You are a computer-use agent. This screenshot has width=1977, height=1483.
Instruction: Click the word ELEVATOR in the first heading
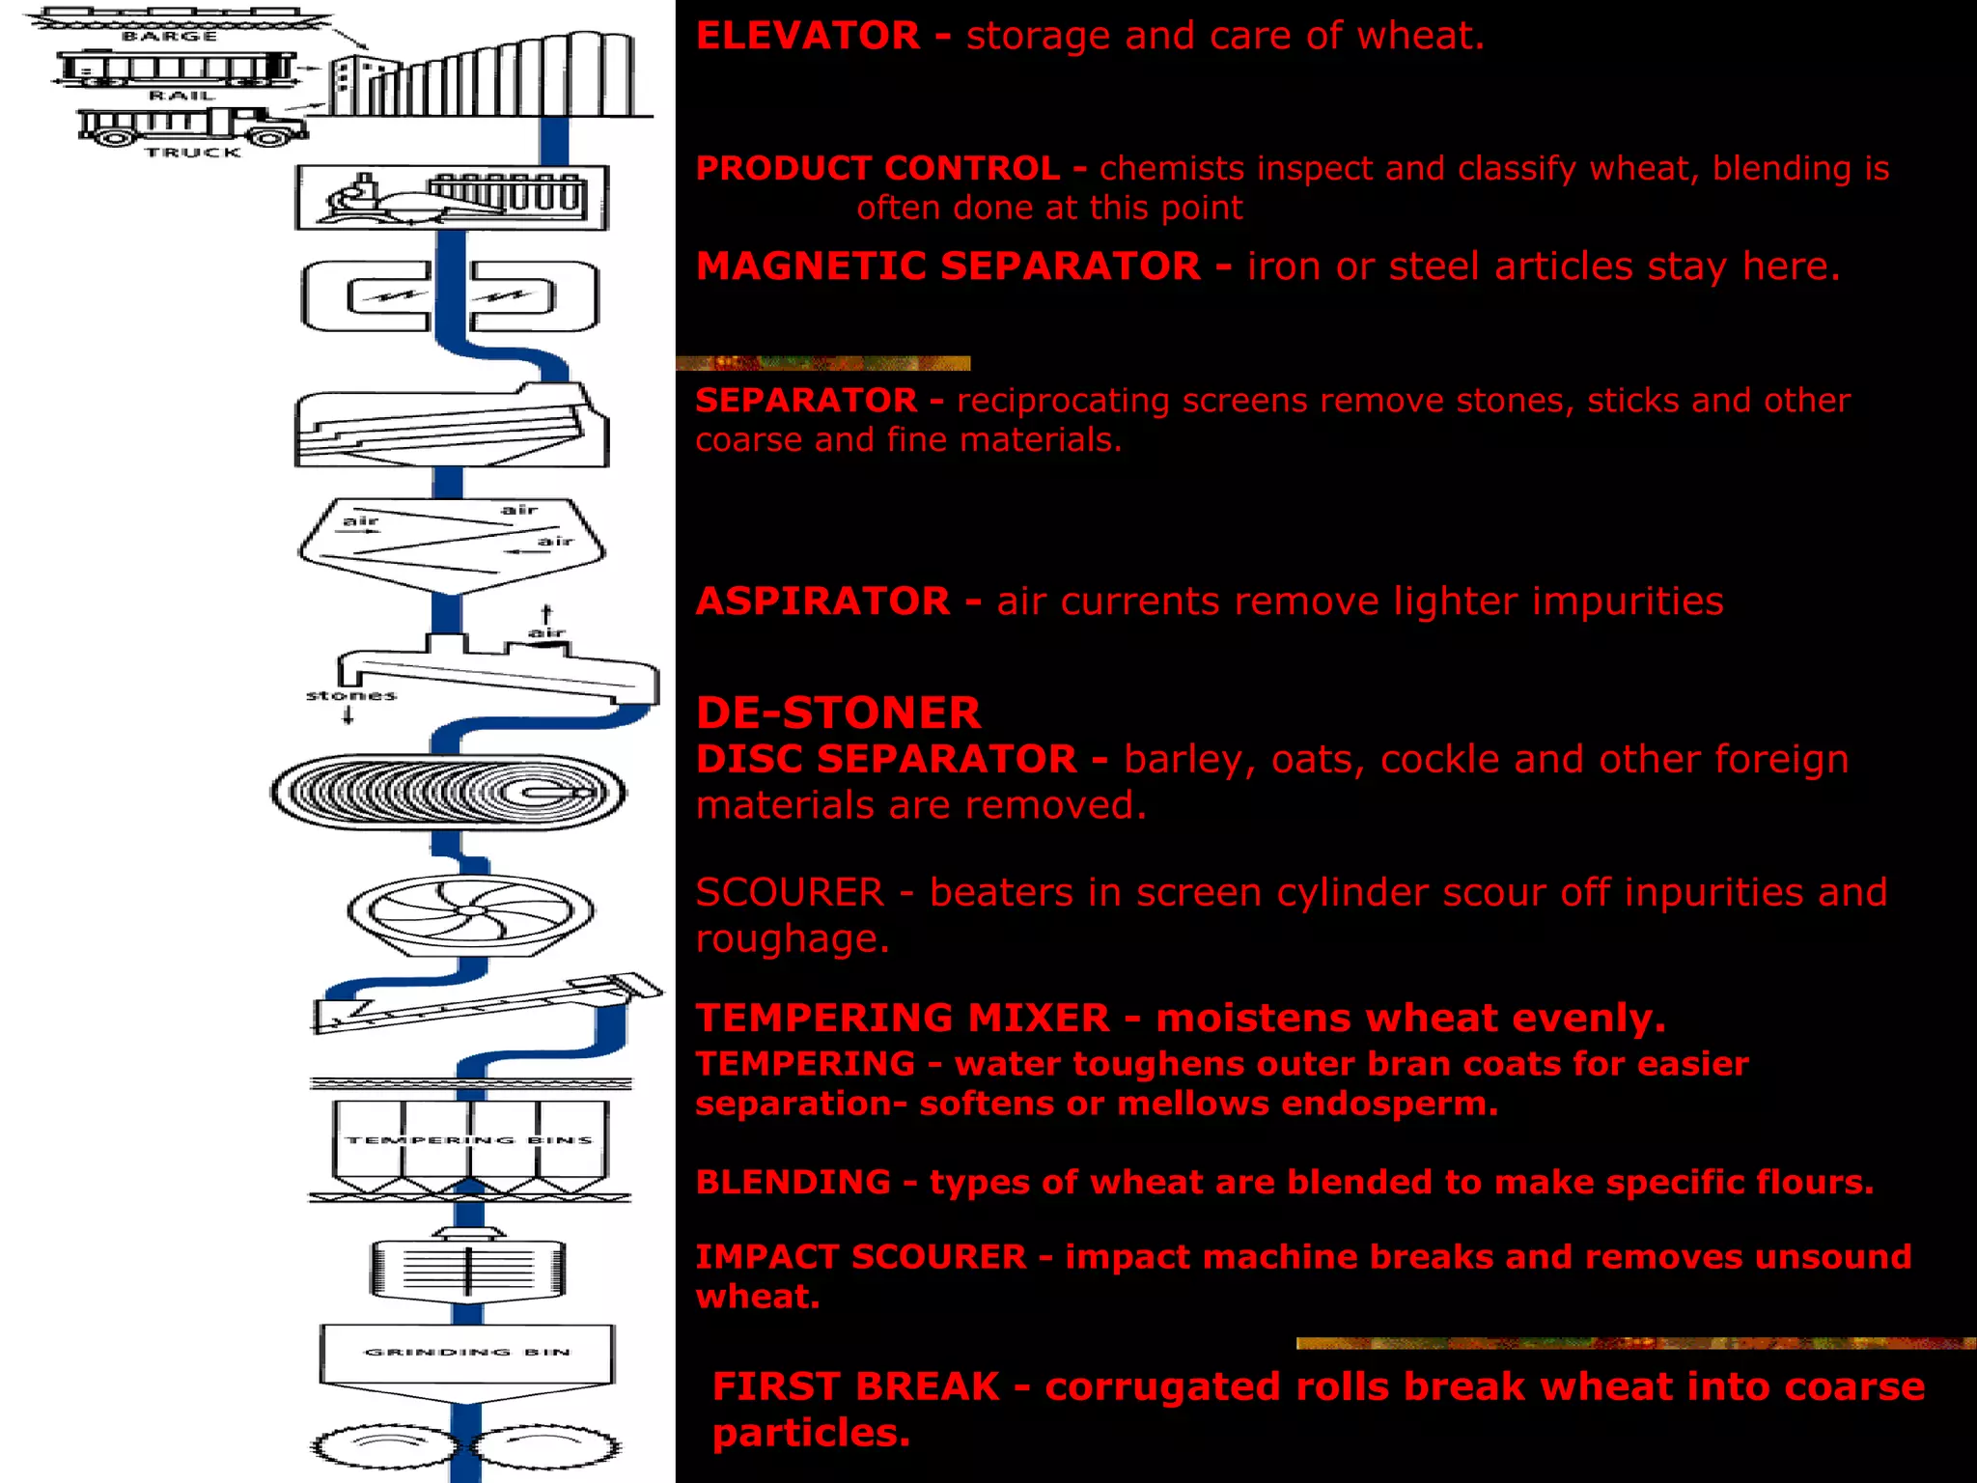tap(807, 37)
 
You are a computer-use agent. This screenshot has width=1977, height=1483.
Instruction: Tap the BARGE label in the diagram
tap(170, 37)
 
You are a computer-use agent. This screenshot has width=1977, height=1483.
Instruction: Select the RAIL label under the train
tap(181, 96)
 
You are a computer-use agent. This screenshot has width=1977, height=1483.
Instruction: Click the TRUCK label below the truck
tap(193, 153)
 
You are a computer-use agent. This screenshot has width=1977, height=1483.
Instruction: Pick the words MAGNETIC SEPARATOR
tap(948, 266)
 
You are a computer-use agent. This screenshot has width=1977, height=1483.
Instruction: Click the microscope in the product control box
tap(355, 198)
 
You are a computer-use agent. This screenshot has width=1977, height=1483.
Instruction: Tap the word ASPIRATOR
tap(823, 602)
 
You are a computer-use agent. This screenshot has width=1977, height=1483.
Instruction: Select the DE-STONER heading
tap(838, 714)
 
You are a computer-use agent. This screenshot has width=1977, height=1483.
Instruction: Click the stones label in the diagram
tap(350, 695)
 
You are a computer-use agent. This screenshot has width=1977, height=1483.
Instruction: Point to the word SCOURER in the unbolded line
tap(790, 892)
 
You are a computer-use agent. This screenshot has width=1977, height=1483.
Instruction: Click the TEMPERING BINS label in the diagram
tap(469, 1140)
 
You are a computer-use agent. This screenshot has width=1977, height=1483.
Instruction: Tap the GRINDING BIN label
tap(467, 1352)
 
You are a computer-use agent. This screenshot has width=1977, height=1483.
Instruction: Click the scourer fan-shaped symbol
tap(470, 912)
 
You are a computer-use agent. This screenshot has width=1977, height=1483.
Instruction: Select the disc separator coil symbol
tap(448, 793)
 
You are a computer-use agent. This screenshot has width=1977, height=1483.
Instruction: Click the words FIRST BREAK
tap(855, 1386)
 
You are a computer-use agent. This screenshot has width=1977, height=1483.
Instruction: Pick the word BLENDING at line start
tap(794, 1182)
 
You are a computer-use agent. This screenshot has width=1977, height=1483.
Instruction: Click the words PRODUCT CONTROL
tap(877, 168)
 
